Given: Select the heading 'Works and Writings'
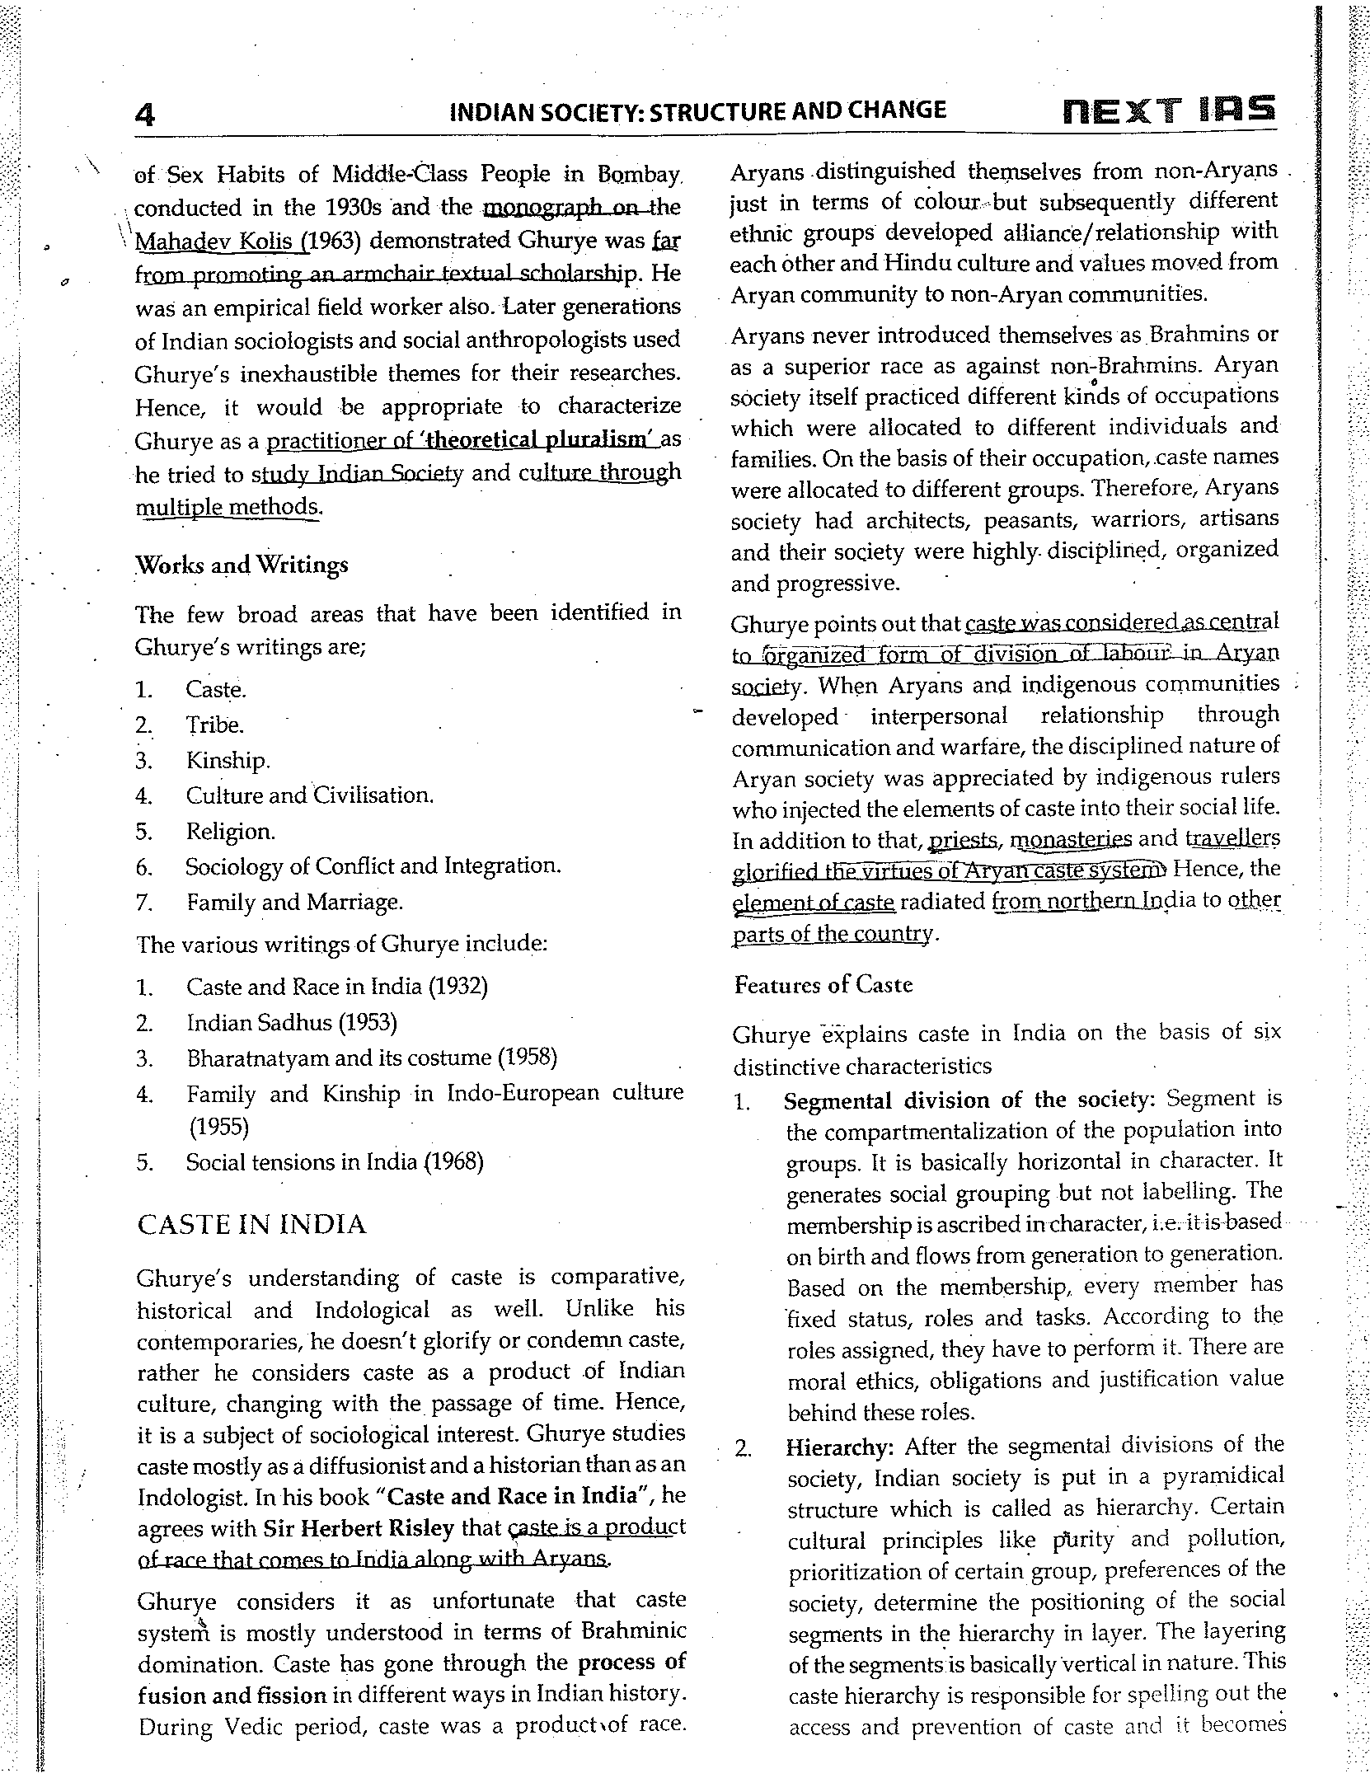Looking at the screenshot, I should pos(242,565).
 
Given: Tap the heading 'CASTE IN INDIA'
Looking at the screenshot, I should pos(251,1225).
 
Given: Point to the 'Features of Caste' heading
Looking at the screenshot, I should pos(823,985).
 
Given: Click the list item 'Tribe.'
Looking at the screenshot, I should pos(214,725).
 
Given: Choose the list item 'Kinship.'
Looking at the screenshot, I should pos(228,760).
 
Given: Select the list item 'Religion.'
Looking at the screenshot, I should pos(230,831).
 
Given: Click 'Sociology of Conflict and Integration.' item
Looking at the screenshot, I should pos(373,866).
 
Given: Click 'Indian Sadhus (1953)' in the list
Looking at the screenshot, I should pos(292,1023).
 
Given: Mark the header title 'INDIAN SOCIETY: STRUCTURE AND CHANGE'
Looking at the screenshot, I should pos(697,111).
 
